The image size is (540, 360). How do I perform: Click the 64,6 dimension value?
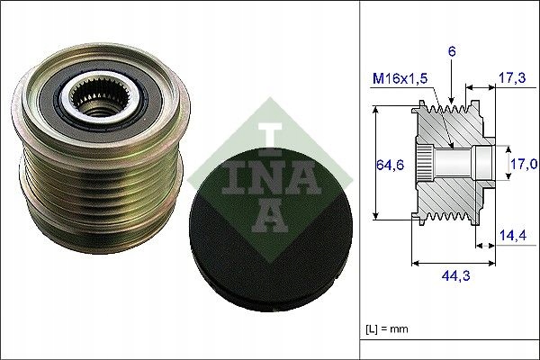tap(386, 165)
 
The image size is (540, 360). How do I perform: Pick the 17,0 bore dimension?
tap(523, 164)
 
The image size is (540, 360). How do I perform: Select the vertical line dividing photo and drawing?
tap(359, 180)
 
